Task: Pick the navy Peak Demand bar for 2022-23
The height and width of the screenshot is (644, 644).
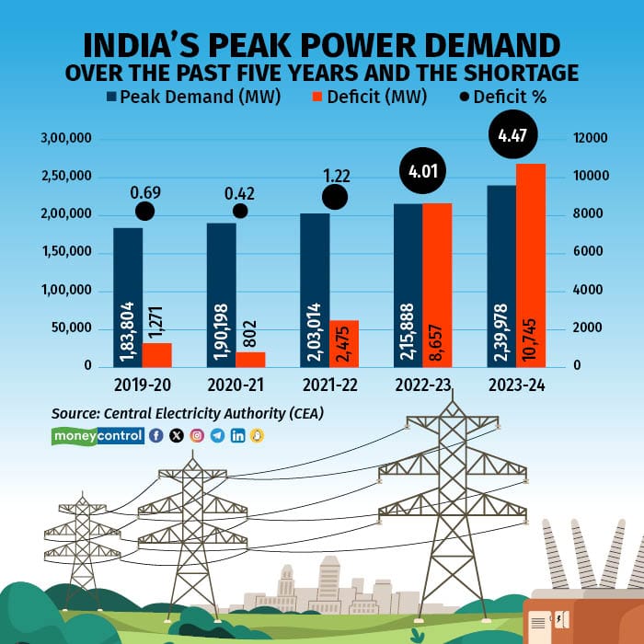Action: (408, 285)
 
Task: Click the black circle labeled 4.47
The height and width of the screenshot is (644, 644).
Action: (511, 137)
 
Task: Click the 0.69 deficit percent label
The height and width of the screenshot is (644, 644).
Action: (144, 193)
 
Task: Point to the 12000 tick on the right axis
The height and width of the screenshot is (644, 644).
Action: (591, 138)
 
